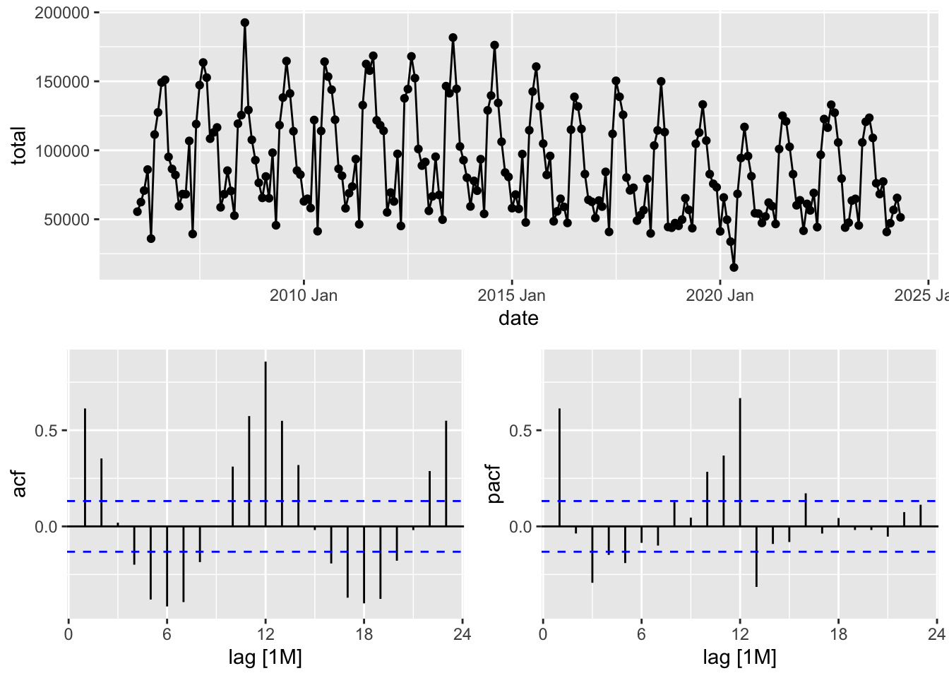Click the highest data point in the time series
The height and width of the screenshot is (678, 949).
[244, 23]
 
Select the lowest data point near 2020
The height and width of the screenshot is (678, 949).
[734, 268]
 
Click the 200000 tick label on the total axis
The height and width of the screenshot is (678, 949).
[61, 13]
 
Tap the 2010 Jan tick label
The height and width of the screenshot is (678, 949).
[304, 295]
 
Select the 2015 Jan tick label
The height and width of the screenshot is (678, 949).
[512, 295]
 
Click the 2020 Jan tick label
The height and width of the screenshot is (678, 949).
[720, 295]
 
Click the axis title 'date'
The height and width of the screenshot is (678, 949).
[518, 319]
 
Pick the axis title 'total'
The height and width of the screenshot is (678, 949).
[19, 145]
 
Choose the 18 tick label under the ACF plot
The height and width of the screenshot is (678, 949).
[364, 634]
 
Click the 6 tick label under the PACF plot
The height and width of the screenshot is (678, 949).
[641, 634]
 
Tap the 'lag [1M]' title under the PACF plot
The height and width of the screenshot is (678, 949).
[739, 658]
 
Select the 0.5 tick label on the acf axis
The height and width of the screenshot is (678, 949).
[48, 430]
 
